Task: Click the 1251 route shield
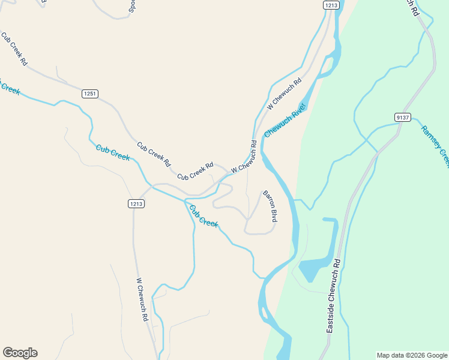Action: click(89, 94)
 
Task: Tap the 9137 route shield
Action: click(403, 117)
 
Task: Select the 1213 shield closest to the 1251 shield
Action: click(136, 204)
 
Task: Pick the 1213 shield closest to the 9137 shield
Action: click(331, 5)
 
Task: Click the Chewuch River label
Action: click(285, 120)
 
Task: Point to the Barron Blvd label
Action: click(270, 206)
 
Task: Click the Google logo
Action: click(20, 353)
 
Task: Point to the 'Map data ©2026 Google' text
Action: click(411, 355)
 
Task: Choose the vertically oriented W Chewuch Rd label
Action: click(142, 299)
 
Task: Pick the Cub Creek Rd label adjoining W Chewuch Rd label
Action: click(195, 172)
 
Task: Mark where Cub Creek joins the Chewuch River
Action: click(262, 278)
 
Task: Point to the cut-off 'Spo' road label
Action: click(133, 6)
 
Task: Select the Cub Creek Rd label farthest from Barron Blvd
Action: click(15, 49)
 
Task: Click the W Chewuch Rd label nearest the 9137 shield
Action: click(284, 94)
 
